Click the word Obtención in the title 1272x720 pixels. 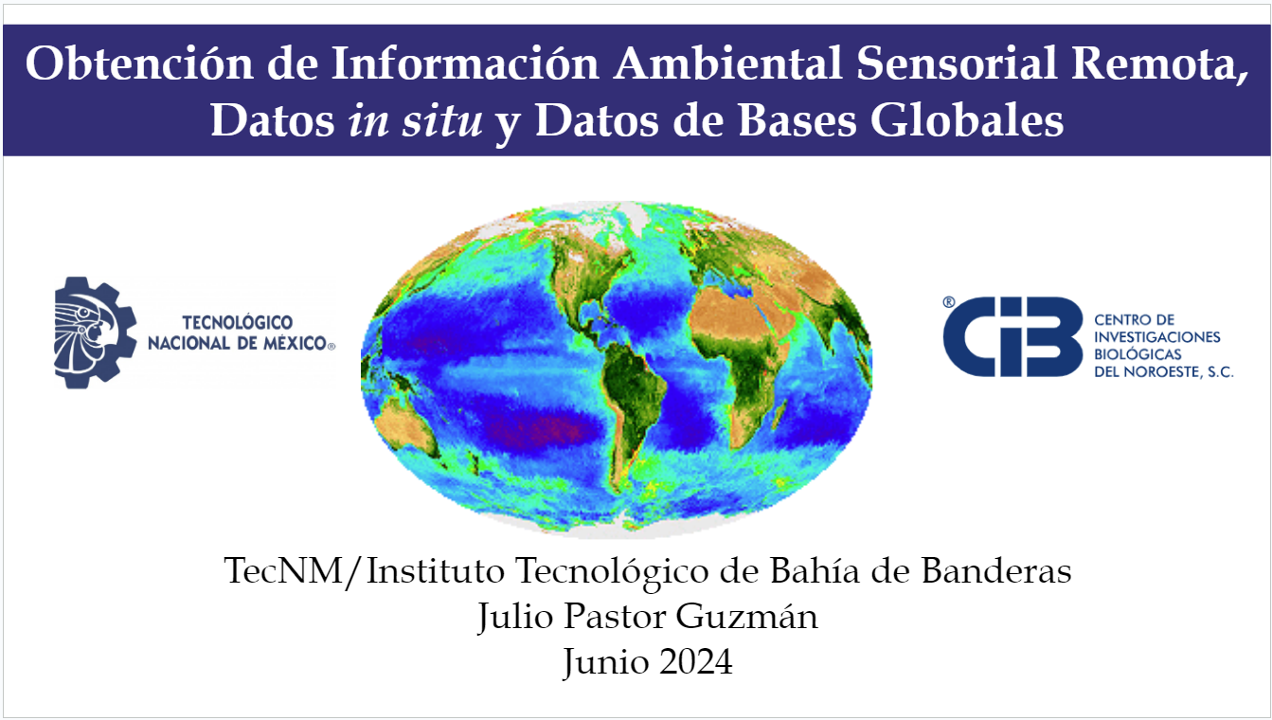(139, 63)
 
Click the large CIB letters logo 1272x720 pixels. (1012, 336)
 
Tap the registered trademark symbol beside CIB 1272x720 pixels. (948, 302)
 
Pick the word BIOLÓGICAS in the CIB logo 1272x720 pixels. (1138, 354)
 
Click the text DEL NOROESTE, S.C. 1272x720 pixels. (1163, 372)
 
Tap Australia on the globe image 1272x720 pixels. (404, 426)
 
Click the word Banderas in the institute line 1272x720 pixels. (996, 570)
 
